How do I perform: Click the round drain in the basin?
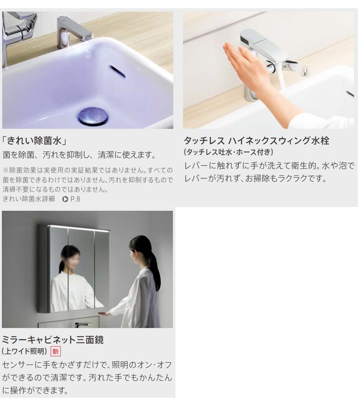point(93,116)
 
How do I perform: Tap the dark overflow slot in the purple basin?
point(117,71)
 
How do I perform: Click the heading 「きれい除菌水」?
point(34,141)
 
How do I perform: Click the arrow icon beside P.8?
point(65,199)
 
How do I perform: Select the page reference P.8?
point(75,199)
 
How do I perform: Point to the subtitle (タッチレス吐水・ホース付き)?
point(228,152)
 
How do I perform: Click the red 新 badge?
point(56,351)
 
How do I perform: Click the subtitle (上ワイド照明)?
point(24,351)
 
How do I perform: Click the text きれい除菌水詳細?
point(28,199)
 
